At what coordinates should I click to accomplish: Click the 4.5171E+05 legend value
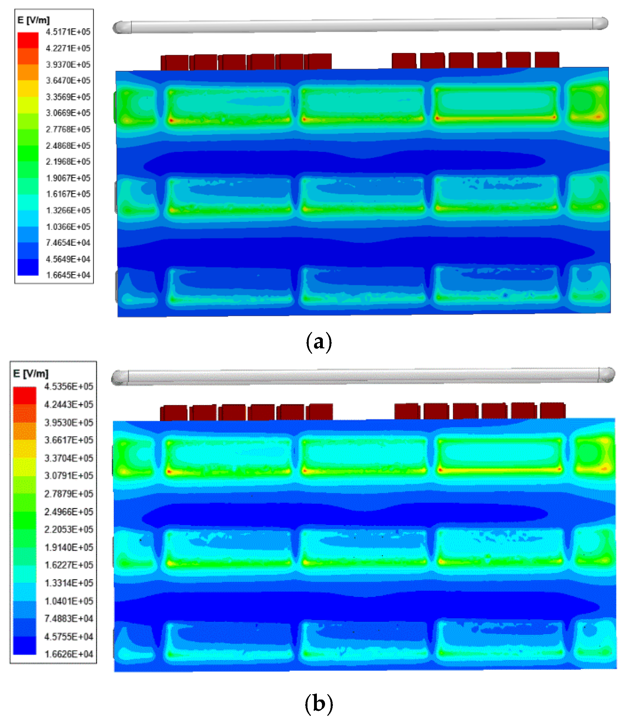point(68,32)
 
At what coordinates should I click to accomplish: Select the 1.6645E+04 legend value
point(68,275)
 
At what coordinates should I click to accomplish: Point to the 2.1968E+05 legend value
point(68,161)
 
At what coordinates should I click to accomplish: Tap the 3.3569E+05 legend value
point(68,97)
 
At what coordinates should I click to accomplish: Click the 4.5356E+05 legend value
point(68,386)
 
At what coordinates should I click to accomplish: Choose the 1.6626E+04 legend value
point(68,654)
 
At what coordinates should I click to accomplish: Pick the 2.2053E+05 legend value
point(68,529)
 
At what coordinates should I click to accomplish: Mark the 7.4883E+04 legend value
point(68,619)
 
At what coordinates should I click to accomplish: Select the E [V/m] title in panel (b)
point(31,373)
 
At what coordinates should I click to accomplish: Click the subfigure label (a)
point(318,342)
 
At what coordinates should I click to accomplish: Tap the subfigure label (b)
point(318,703)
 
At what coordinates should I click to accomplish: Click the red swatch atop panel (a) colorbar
point(28,40)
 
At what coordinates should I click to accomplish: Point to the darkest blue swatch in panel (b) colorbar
point(24,646)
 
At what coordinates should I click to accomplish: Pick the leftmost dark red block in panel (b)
point(175,413)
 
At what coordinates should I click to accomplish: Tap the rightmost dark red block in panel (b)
point(552,410)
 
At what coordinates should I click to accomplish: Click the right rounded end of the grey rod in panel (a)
point(600,24)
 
